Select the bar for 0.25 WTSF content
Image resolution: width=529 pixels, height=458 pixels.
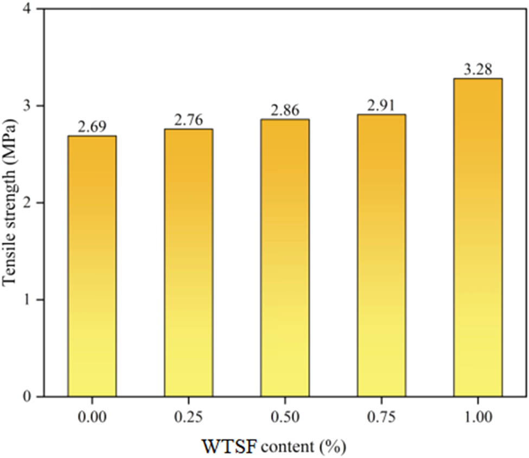(188, 262)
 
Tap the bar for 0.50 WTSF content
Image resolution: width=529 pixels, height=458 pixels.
(285, 257)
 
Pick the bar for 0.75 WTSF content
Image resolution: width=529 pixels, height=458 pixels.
(381, 255)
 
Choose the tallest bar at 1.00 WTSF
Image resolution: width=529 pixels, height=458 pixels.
(477, 237)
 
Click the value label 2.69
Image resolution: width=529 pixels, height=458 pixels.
(92, 128)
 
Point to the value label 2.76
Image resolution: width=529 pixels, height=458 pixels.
(188, 121)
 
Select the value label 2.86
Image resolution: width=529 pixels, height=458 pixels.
(285, 111)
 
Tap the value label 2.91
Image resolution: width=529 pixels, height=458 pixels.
(381, 106)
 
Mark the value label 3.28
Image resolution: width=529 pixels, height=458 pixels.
(477, 70)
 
